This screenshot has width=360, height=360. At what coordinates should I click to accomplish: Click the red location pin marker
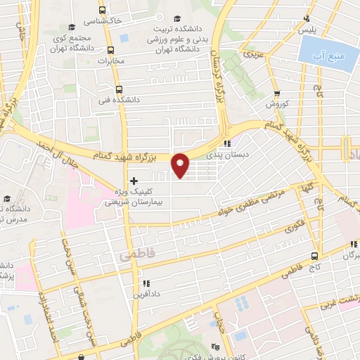[x=181, y=165]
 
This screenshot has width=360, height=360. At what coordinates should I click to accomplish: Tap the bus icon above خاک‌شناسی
[x=103, y=11]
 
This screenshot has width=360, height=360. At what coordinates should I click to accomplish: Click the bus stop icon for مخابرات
[x=110, y=50]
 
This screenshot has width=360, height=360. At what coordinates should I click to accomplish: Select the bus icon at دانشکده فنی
[x=117, y=89]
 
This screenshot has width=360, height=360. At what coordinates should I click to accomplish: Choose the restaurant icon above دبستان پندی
[x=227, y=145]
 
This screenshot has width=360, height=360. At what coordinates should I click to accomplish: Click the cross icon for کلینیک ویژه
[x=134, y=181]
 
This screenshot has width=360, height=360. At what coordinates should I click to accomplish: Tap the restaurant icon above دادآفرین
[x=138, y=283]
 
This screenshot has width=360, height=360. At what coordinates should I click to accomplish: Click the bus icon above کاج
[x=314, y=256]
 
